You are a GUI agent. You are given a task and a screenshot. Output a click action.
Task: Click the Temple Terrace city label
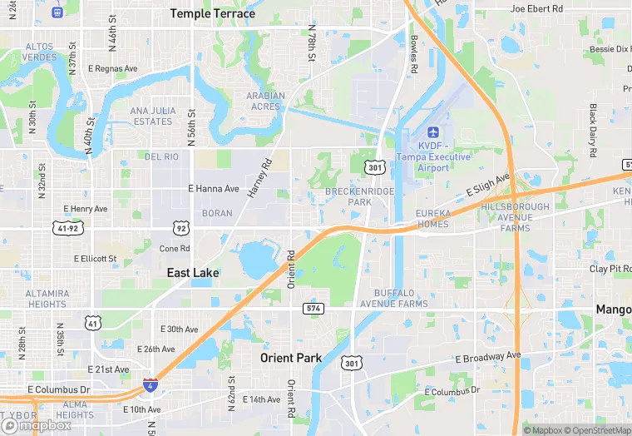click(x=213, y=13)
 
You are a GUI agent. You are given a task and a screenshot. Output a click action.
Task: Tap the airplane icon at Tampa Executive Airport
click(x=432, y=132)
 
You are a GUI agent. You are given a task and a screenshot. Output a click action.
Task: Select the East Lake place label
click(x=192, y=273)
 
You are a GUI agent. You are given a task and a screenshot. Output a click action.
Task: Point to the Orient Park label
click(x=290, y=358)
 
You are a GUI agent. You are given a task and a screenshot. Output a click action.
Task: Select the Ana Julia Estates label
click(x=151, y=116)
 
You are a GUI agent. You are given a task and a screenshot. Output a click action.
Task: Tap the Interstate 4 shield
click(x=150, y=385)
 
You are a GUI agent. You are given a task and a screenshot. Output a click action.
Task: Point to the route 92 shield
click(x=181, y=227)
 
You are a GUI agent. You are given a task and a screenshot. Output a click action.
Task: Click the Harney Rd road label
click(x=259, y=178)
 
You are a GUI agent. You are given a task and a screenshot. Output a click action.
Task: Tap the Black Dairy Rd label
click(x=593, y=131)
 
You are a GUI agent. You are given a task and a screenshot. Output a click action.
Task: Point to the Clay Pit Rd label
click(x=610, y=269)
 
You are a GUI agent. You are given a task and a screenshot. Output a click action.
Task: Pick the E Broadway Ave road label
click(x=487, y=359)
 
